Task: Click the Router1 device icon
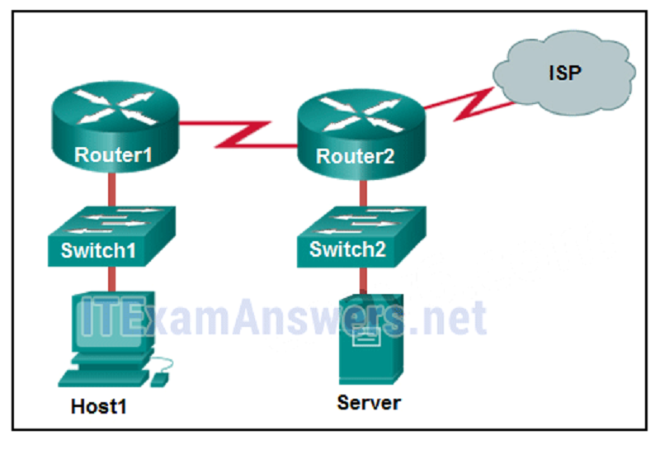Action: (x=114, y=125)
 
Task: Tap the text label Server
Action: (x=369, y=403)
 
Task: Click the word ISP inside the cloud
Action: (x=565, y=73)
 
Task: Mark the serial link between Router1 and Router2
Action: (x=239, y=135)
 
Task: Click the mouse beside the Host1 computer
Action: (x=158, y=377)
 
